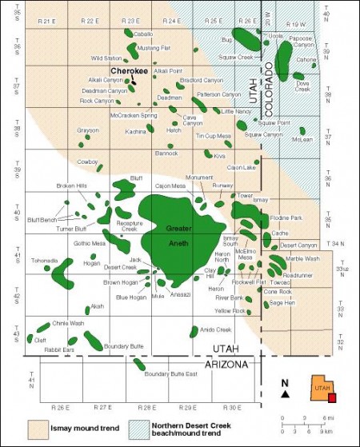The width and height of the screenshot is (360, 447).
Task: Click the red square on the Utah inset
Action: [332, 397]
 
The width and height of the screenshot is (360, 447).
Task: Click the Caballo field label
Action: [144, 34]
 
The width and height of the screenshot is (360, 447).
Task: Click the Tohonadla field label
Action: [45, 261]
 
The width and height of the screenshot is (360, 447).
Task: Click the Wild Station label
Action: [106, 58]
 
